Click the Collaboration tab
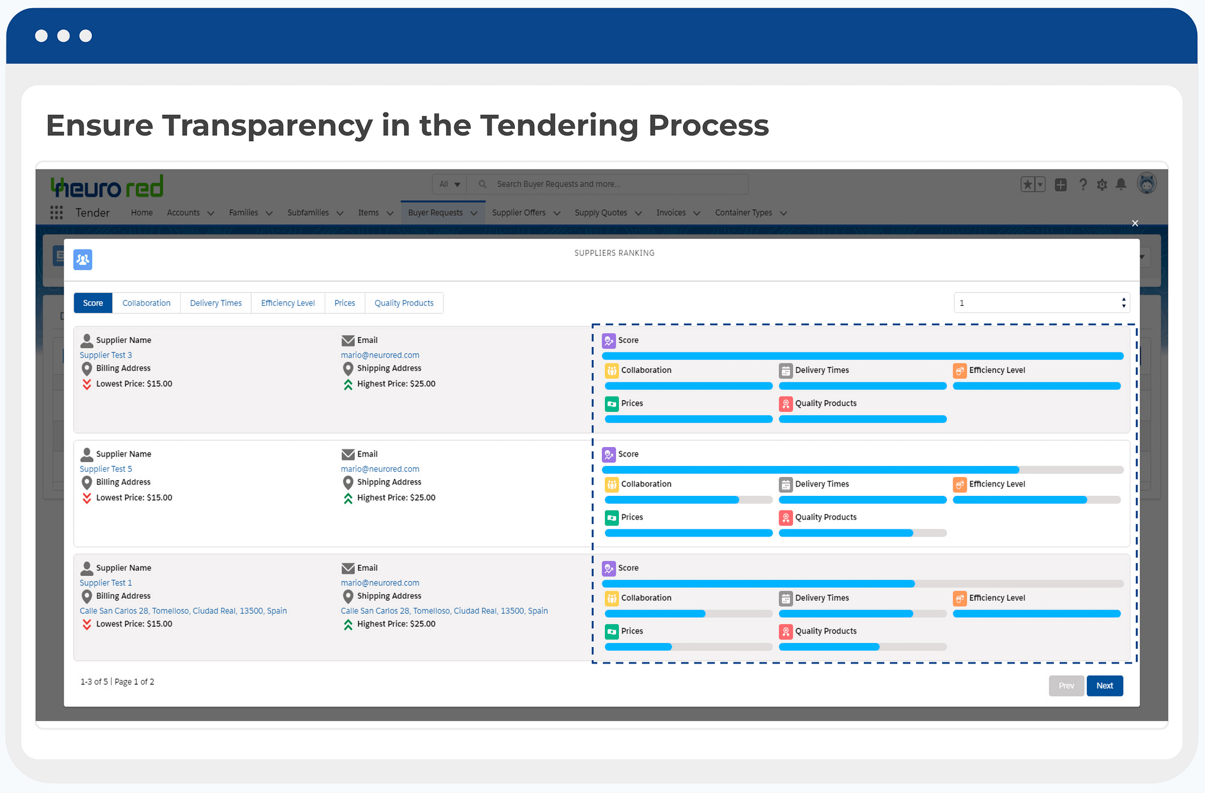pos(147,303)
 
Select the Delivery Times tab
pos(216,303)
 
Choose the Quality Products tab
pos(404,303)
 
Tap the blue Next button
pos(1104,685)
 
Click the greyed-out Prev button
pos(1066,685)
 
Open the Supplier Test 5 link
pos(106,469)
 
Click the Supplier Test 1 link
pos(106,582)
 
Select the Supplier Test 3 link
pos(106,355)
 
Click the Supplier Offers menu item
pos(519,212)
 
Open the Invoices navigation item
pos(671,212)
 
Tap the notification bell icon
pos(1121,184)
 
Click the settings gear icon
pos(1102,185)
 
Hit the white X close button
pos(1135,223)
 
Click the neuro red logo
pos(107,186)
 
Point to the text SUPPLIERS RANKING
pos(614,253)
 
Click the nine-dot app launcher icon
pos(56,212)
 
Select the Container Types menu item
pos(744,212)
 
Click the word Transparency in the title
pos(268,126)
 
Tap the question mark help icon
pos(1083,185)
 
